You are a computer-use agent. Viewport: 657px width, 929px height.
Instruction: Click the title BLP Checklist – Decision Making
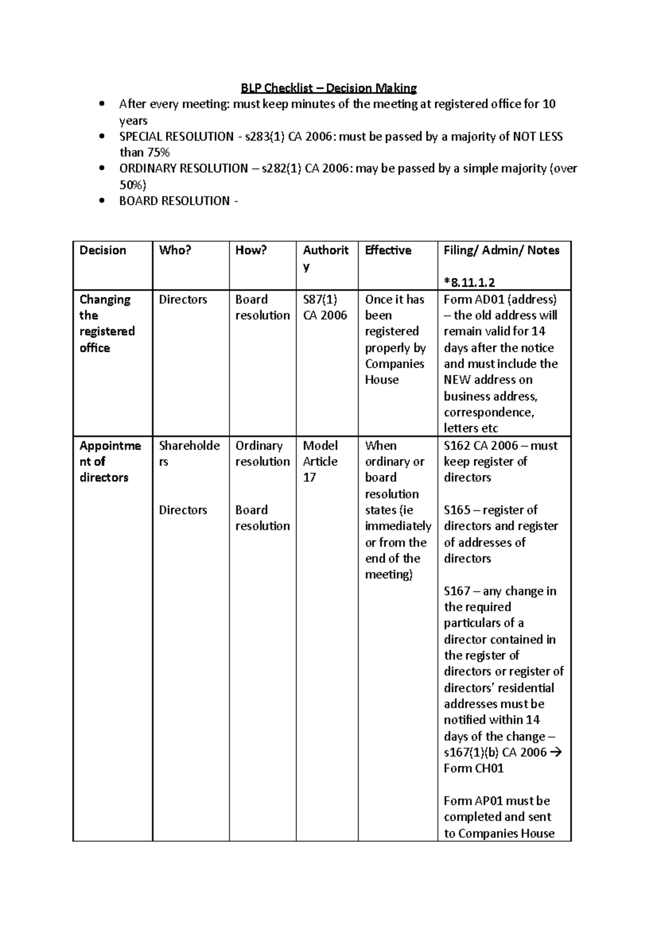(x=329, y=88)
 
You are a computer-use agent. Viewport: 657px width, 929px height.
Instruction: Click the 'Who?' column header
(x=175, y=251)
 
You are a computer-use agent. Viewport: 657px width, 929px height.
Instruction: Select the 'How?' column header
(x=251, y=251)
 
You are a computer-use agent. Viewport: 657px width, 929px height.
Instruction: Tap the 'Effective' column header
(x=388, y=251)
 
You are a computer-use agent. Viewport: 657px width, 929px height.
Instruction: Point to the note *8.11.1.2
(x=470, y=282)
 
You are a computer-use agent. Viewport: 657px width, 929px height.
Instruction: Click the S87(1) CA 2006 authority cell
(x=325, y=307)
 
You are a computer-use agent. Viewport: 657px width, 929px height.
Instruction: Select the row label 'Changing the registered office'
(x=107, y=323)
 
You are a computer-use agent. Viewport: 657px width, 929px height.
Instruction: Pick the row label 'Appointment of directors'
(x=110, y=461)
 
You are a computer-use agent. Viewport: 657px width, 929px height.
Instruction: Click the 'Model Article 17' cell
(x=320, y=461)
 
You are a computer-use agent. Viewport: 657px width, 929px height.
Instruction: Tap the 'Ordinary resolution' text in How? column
(x=262, y=454)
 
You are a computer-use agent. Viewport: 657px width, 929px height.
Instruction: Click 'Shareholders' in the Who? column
(x=189, y=454)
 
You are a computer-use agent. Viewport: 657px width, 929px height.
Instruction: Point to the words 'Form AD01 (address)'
(x=500, y=299)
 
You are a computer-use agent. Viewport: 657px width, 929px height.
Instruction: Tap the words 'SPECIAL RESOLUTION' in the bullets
(x=176, y=137)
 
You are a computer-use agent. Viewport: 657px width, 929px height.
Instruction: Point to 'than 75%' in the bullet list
(x=145, y=153)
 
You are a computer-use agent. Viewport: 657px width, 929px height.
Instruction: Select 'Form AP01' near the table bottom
(x=465, y=801)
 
